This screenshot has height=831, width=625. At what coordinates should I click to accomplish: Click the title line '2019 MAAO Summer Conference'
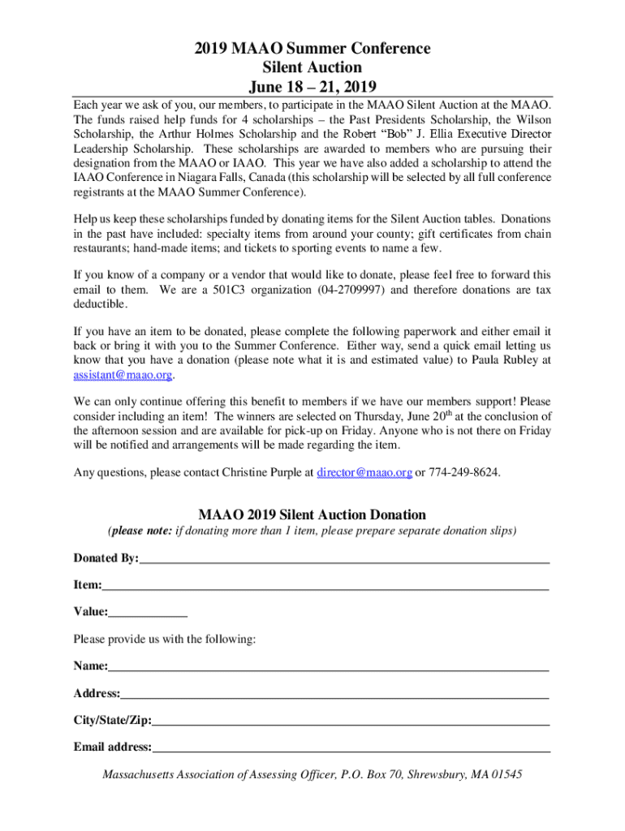pos(312,50)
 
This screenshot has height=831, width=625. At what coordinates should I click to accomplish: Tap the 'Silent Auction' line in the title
pos(312,67)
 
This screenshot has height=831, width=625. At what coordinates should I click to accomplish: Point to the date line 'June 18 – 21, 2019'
pos(312,86)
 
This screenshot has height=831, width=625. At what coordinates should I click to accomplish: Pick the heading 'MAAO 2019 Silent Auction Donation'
pos(312,515)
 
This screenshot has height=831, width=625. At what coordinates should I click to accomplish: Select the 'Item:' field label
pos(88,584)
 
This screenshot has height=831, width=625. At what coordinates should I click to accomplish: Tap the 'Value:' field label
pos(90,611)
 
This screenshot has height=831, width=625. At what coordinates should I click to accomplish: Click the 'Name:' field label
pos(90,666)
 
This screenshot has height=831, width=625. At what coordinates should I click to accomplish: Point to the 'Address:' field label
pos(97,693)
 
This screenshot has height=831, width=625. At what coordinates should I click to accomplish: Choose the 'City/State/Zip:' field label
pos(112,720)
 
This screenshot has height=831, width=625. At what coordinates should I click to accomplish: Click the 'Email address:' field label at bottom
pos(112,747)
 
